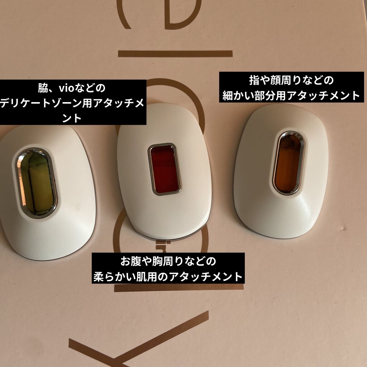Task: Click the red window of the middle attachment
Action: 165,169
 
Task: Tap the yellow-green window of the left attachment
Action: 36,182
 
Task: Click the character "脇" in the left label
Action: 43,88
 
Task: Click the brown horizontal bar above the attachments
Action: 175,54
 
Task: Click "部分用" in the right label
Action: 276,95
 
